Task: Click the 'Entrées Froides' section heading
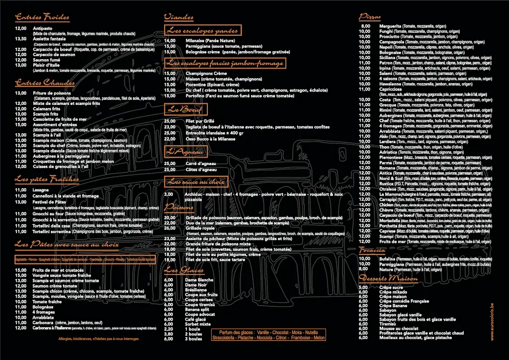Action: [42, 18]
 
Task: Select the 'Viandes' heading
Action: [178, 17]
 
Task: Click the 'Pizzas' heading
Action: [370, 17]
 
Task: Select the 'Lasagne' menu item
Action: [41, 189]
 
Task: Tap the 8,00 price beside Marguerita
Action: [365, 26]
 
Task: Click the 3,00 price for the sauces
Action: [169, 194]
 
